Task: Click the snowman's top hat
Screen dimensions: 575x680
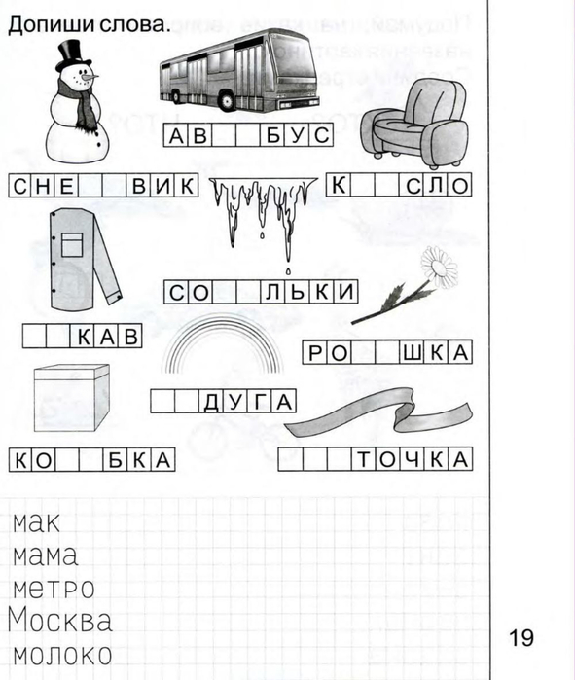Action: pos(72,55)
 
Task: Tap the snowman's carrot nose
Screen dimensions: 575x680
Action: pos(90,77)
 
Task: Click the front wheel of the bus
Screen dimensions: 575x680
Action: pos(226,100)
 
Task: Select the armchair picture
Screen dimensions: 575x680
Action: pos(414,124)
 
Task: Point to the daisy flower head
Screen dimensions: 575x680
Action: pos(439,266)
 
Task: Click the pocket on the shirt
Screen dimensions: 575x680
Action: pos(72,244)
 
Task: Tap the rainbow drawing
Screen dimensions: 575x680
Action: pos(223,342)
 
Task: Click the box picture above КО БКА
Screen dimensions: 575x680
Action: pos(72,398)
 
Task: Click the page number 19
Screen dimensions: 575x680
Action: pos(521,638)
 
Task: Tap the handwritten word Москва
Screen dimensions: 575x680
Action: pos(60,620)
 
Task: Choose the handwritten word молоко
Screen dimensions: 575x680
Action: pos(62,655)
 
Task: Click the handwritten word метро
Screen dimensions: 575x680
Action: pos(54,589)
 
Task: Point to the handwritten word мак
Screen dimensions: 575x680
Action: pos(36,523)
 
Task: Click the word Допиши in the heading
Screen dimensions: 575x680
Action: pos(51,24)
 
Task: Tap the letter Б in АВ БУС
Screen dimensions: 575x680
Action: pos(272,135)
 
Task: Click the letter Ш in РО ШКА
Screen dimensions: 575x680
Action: pos(412,352)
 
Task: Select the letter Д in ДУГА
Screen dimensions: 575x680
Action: pos(211,402)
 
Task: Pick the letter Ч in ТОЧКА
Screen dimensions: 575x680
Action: pos(413,459)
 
